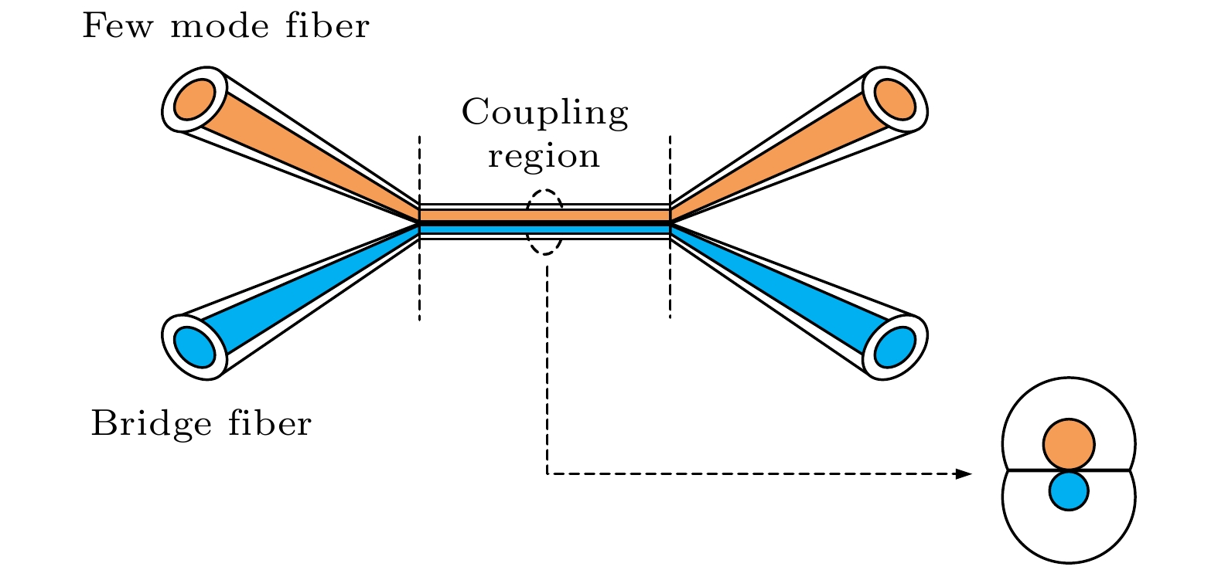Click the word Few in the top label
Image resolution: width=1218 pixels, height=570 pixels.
click(x=115, y=27)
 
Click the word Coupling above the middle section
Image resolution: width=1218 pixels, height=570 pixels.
click(x=544, y=113)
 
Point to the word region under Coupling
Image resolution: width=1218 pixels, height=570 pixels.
click(x=544, y=157)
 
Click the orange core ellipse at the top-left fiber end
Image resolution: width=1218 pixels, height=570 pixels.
click(x=193, y=99)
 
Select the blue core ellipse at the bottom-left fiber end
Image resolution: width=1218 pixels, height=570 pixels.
click(x=193, y=347)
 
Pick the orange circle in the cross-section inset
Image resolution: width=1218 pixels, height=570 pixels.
click(x=1068, y=445)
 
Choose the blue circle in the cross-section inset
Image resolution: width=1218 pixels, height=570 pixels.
click(x=1069, y=491)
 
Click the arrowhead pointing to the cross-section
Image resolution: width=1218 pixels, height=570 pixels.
click(x=963, y=473)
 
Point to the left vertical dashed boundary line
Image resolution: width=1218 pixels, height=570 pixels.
click(x=419, y=293)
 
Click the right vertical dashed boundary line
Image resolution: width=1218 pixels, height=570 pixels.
click(x=670, y=293)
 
